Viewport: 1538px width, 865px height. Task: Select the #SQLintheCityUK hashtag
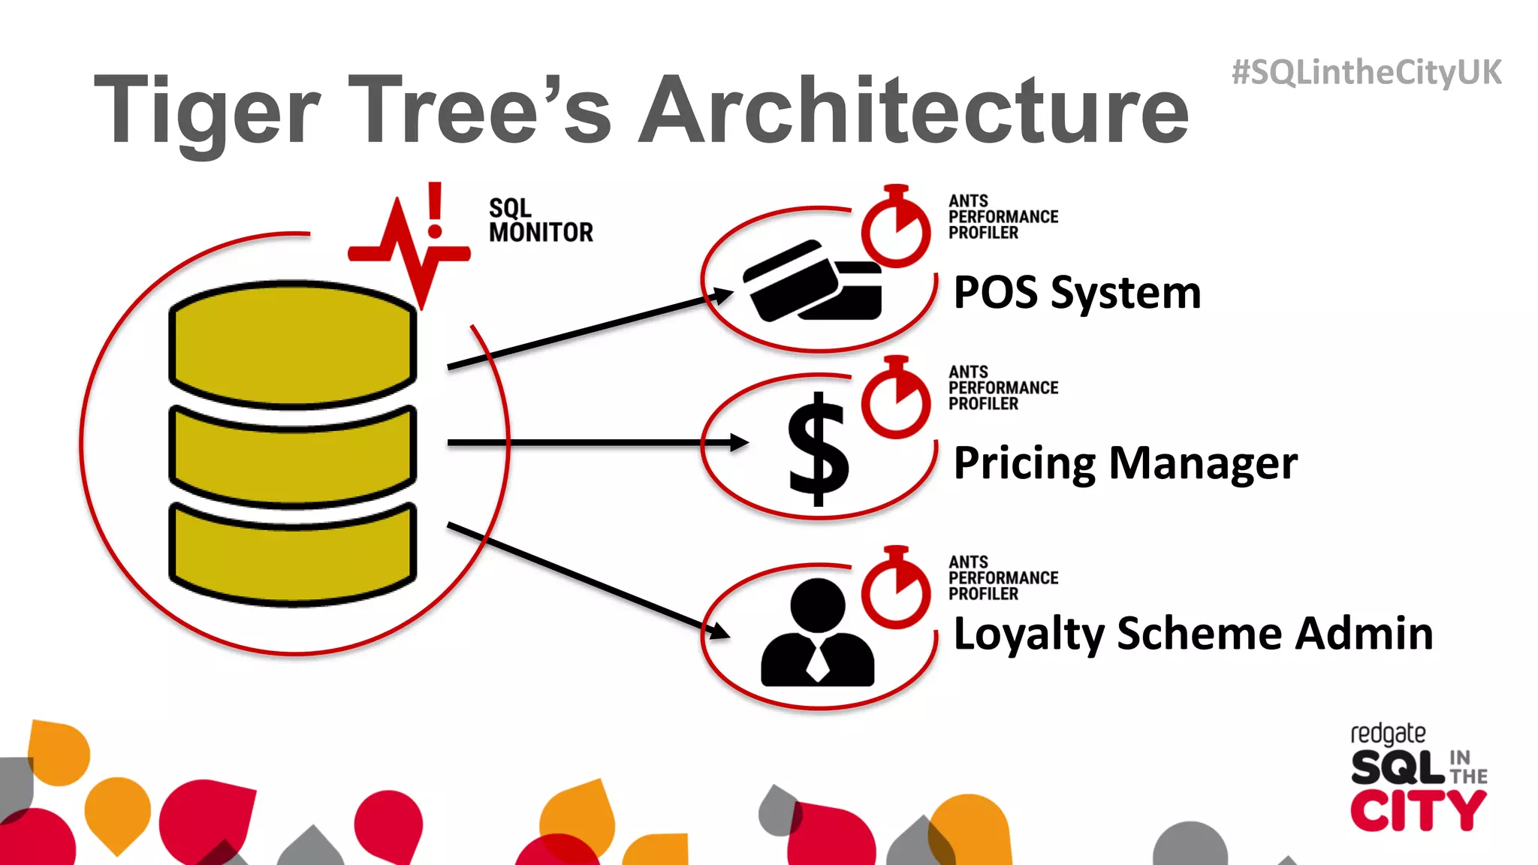pos(1366,73)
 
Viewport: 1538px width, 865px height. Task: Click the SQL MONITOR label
pos(540,221)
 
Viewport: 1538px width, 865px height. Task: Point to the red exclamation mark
pos(435,210)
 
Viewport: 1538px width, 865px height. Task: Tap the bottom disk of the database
pos(293,554)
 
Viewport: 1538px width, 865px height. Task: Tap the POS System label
pos(1077,293)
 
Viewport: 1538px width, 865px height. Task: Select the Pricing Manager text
pos(1125,463)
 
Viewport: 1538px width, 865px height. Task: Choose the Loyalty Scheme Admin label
pos(1193,634)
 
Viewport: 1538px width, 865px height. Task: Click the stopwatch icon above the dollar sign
pos(896,398)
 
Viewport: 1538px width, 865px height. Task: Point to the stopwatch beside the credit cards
pos(896,227)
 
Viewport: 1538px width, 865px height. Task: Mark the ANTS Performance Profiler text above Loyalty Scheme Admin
pos(1003,577)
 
